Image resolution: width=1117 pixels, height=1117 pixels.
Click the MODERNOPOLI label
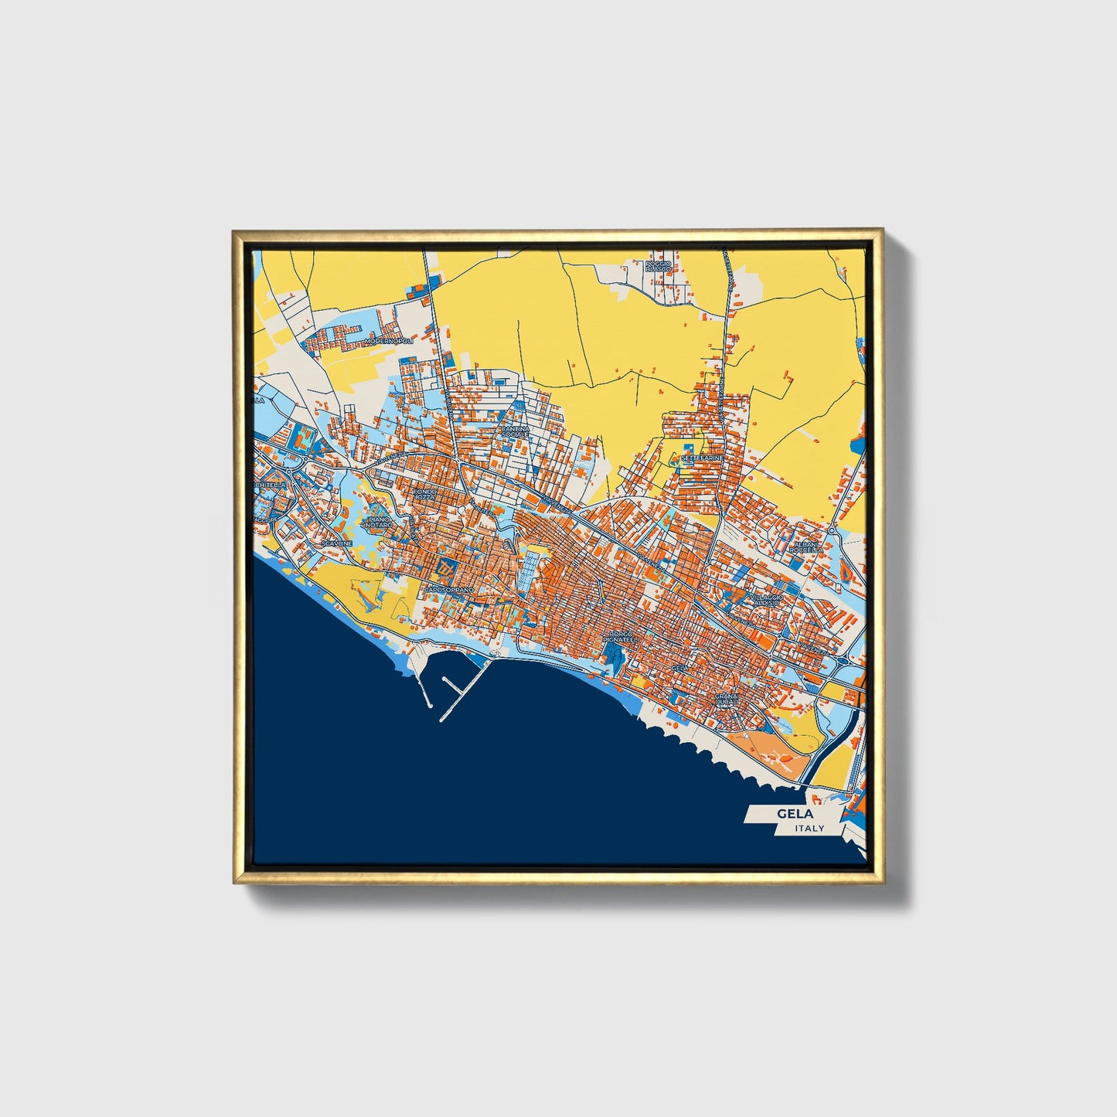[x=390, y=340]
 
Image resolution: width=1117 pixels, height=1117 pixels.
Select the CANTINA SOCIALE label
[x=515, y=431]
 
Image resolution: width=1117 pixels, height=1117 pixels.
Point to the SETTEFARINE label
[x=702, y=458]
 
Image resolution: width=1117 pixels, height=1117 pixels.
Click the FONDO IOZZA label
[x=425, y=493]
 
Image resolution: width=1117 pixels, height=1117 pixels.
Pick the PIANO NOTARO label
[x=380, y=523]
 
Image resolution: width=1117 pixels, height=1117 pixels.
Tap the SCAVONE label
[x=337, y=543]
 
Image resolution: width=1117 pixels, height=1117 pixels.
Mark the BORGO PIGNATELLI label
[x=618, y=637]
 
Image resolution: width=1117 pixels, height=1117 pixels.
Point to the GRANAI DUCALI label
[x=727, y=700]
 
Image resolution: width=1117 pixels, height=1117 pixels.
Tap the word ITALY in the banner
[x=809, y=828]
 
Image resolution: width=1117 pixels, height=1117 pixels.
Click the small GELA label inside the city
[x=679, y=667]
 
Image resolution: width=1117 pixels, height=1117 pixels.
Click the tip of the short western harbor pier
[x=427, y=705]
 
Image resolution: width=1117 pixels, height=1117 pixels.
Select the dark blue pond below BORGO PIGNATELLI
[x=615, y=658]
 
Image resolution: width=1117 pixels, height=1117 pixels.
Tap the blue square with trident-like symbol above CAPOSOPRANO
[x=445, y=569]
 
